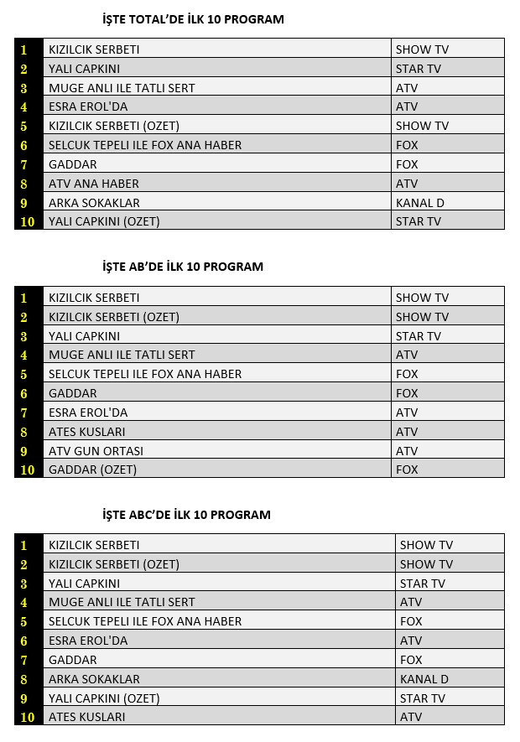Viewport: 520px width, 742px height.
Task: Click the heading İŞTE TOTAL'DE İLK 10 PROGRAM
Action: pyautogui.click(x=192, y=19)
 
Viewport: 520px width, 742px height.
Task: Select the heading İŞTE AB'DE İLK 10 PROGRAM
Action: pyautogui.click(x=182, y=267)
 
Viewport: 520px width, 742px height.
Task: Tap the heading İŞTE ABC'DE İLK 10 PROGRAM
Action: pyautogui.click(x=186, y=515)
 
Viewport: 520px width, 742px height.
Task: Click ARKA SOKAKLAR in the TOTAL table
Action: pyautogui.click(x=94, y=203)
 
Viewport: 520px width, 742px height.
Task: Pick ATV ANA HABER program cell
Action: pyautogui.click(x=94, y=184)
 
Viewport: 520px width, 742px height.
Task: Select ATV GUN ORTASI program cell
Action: pyautogui.click(x=96, y=451)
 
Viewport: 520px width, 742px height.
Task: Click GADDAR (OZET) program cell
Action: pyautogui.click(x=92, y=470)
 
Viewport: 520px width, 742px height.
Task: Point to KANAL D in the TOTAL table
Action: pyautogui.click(x=420, y=203)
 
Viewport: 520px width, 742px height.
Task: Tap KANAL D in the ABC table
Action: pyautogui.click(x=424, y=679)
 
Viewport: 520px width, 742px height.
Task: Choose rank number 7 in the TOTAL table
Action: pyautogui.click(x=24, y=164)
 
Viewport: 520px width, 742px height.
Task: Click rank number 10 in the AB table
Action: pyautogui.click(x=28, y=470)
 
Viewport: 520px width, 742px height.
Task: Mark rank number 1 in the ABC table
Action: pyautogui.click(x=24, y=546)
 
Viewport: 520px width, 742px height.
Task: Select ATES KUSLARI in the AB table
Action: pyautogui.click(x=87, y=432)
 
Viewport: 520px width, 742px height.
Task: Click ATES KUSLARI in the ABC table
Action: pyautogui.click(x=87, y=717)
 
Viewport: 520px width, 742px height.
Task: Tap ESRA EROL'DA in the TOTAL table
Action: pyautogui.click(x=88, y=107)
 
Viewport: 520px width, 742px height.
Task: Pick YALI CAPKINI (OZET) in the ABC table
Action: pyautogui.click(x=104, y=698)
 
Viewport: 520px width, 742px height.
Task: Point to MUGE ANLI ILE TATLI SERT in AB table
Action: pyautogui.click(x=122, y=355)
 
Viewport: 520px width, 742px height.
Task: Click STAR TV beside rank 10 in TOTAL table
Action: pyautogui.click(x=419, y=222)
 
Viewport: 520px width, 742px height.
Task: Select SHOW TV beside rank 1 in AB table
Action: pyautogui.click(x=422, y=298)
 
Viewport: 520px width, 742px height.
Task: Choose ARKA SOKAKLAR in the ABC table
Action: pyautogui.click(x=94, y=679)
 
